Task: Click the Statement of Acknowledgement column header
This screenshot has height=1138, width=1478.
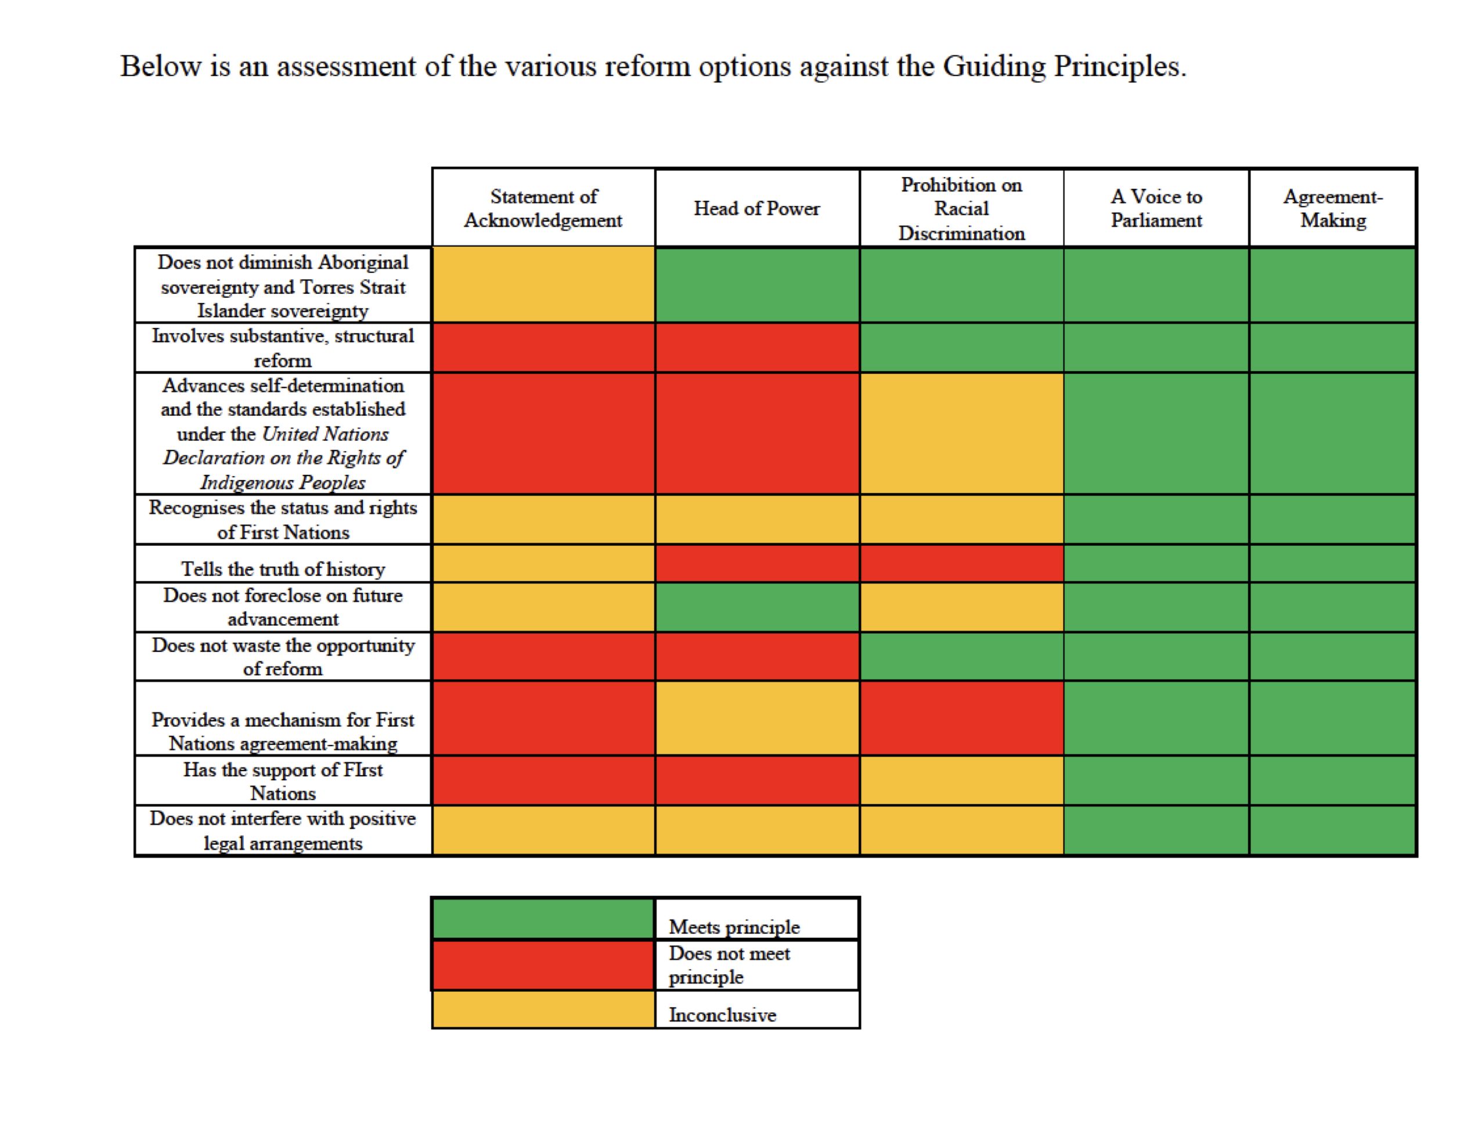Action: [543, 208]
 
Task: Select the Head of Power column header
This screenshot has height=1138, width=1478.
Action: [756, 208]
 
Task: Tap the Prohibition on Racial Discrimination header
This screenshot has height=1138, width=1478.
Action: [961, 208]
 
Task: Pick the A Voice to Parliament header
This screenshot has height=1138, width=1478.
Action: [1156, 208]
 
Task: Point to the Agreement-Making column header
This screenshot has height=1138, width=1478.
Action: [1332, 208]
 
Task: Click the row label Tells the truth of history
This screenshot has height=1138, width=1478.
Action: [283, 568]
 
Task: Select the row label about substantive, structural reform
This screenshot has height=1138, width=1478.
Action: [283, 348]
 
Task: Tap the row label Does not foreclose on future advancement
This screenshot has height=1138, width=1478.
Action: [283, 607]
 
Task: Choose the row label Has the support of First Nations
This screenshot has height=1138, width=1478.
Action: [283, 782]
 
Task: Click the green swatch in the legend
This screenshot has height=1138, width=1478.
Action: [543, 919]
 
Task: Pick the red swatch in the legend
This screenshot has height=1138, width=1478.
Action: [543, 966]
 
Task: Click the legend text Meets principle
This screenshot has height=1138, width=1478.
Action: [734, 927]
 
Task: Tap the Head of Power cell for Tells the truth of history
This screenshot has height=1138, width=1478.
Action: [757, 563]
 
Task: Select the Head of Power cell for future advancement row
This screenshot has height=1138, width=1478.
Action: [757, 607]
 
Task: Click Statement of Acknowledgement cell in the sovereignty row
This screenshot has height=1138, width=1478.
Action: [543, 284]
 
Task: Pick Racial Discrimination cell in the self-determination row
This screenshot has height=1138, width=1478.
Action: [961, 433]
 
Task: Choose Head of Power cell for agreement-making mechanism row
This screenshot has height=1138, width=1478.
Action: [757, 718]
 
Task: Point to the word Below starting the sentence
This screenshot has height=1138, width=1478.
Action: [160, 67]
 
